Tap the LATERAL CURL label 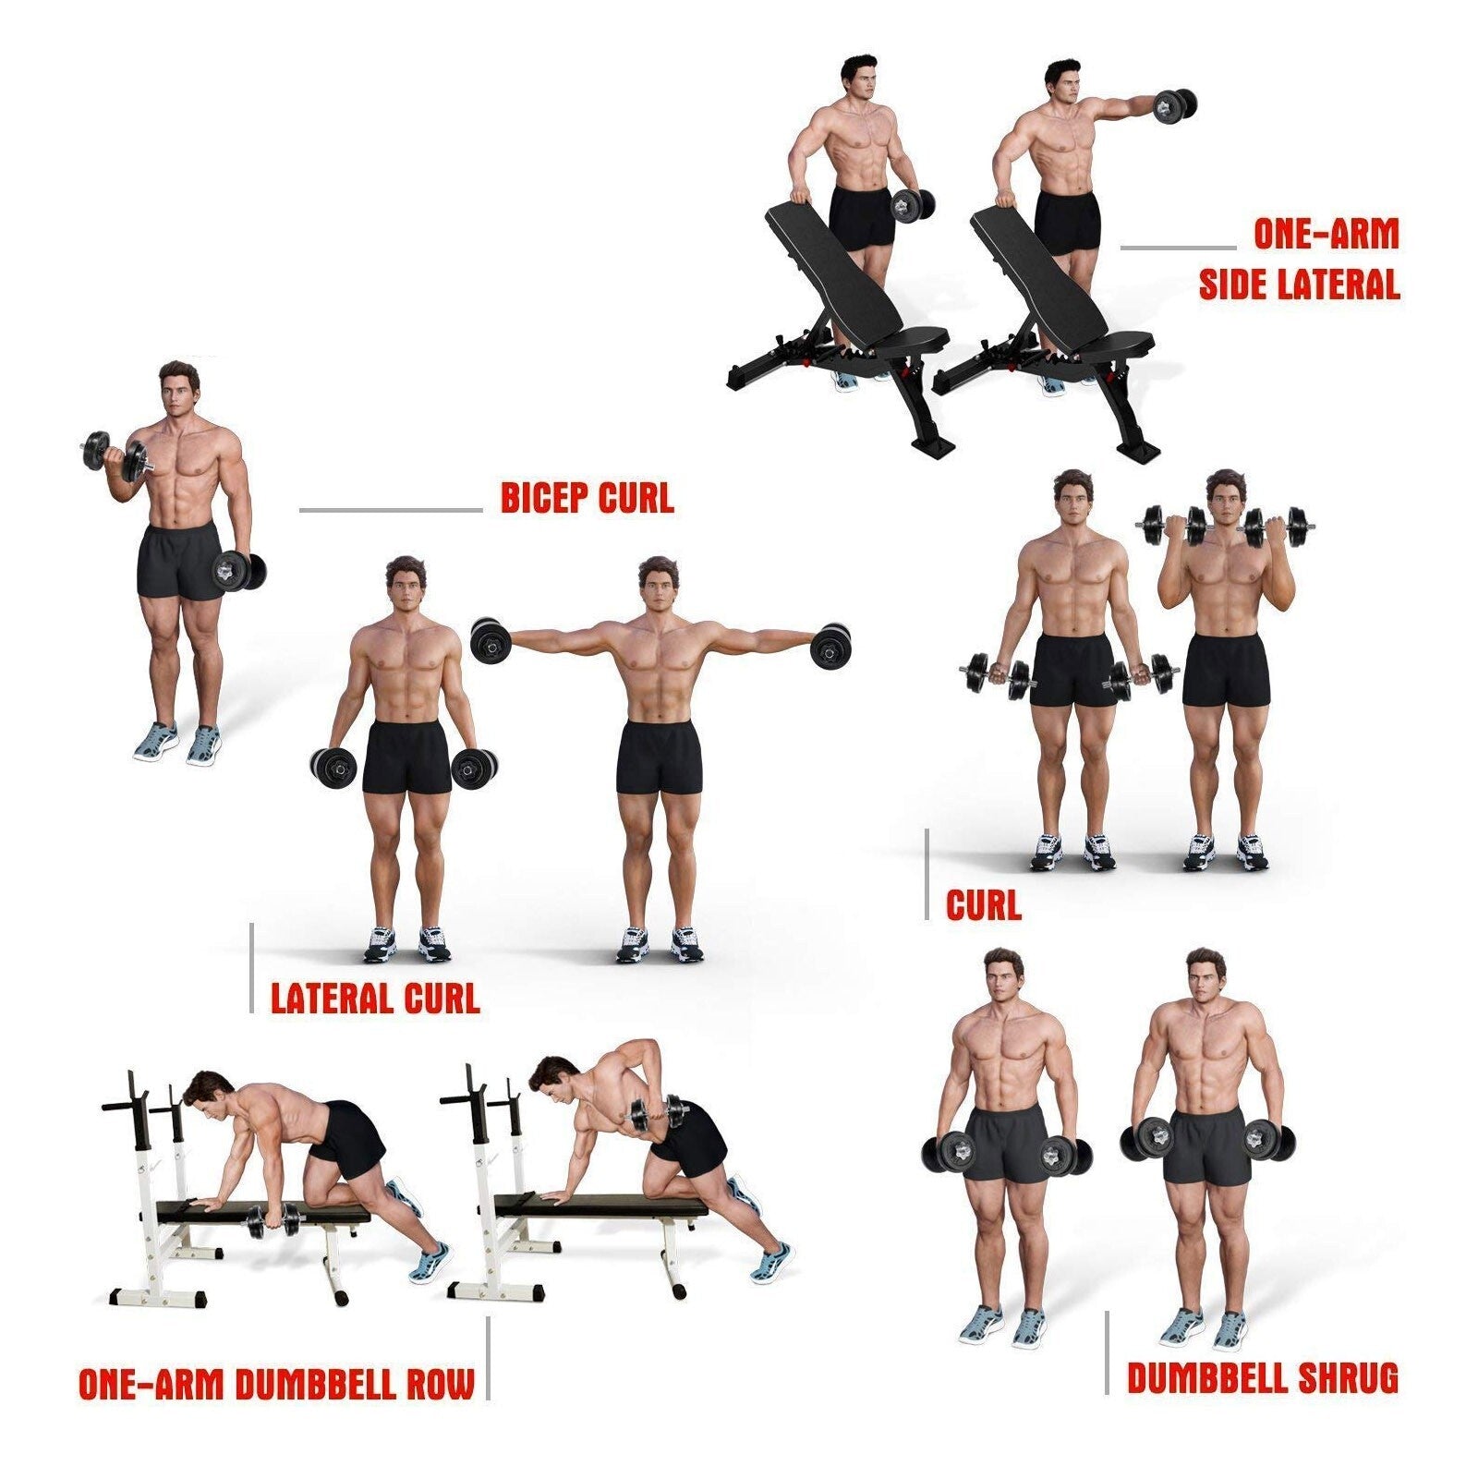coord(375,999)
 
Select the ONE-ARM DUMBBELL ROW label coord(276,1384)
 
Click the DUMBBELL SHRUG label coord(1262,1378)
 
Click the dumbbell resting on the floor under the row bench coord(273,1221)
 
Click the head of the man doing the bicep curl coord(180,387)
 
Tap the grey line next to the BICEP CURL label coord(390,509)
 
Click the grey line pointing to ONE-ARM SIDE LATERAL coord(1178,248)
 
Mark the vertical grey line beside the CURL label coord(927,874)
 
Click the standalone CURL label coord(984,905)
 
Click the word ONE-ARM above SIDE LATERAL coord(1326,234)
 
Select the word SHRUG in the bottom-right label coord(1348,1378)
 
